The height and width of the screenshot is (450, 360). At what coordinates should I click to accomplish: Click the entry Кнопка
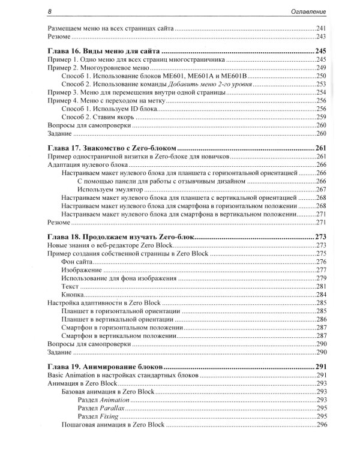(73, 295)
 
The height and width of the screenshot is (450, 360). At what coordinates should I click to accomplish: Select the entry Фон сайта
(78, 262)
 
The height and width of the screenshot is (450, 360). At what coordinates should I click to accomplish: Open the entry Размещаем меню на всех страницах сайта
(112, 29)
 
